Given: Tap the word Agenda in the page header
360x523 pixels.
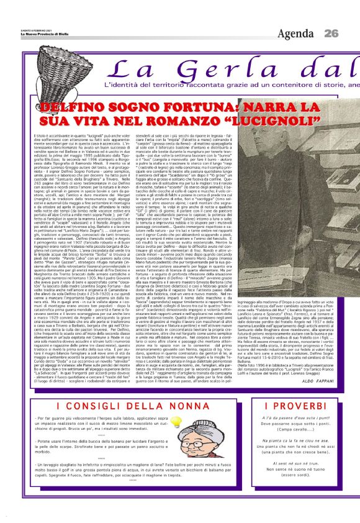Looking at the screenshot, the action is point(296,33).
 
